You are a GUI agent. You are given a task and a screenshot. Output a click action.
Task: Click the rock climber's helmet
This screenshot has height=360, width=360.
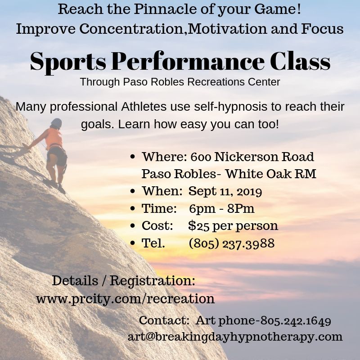[x=56, y=122]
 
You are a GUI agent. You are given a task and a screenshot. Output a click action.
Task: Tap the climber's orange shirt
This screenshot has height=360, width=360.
[x=54, y=139]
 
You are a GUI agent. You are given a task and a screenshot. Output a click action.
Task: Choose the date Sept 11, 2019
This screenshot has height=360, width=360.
[x=225, y=191]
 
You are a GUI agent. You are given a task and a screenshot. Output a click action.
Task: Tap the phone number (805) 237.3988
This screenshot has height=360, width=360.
[x=232, y=243]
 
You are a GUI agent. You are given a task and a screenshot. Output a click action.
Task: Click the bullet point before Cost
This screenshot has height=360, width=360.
[x=133, y=226]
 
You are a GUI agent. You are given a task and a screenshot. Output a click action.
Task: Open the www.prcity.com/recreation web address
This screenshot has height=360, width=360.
[x=125, y=298]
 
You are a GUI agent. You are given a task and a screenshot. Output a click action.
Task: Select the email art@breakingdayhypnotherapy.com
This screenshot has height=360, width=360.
[x=235, y=336]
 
